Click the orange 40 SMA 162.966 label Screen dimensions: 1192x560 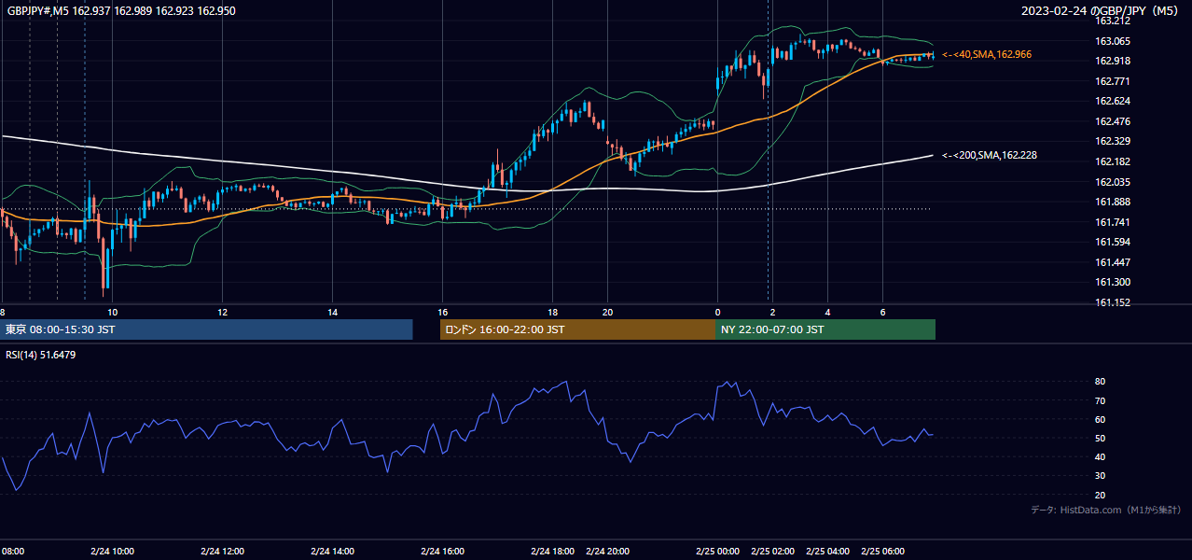click(987, 54)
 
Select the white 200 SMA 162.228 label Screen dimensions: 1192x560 click(990, 156)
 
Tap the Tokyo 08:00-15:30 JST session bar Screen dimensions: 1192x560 click(206, 329)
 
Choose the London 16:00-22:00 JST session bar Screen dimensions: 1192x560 click(578, 329)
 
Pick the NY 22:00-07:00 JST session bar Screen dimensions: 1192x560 click(825, 329)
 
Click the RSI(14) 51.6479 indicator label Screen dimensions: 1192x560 click(40, 355)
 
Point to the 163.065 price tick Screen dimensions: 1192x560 click(1112, 41)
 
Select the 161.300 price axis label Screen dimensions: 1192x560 click(1112, 282)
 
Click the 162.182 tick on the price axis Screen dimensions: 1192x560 click(1112, 161)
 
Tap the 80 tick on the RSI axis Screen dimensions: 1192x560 click(1100, 382)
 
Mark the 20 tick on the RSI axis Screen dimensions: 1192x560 click(1100, 495)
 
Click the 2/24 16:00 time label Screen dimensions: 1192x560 click(442, 552)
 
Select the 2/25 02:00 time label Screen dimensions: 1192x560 click(772, 552)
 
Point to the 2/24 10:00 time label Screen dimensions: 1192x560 click(112, 552)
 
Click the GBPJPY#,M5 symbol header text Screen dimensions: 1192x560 click(38, 10)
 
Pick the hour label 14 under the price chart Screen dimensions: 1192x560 click(333, 313)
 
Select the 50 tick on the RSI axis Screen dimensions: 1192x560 click(1100, 439)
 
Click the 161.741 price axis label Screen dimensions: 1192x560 click(1112, 222)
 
